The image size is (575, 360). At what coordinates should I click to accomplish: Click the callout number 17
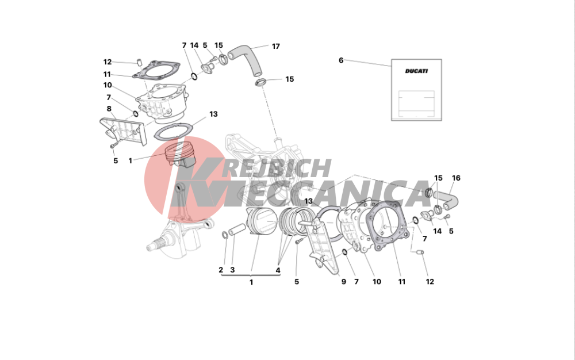click(276, 46)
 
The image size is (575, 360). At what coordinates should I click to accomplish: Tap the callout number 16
click(456, 178)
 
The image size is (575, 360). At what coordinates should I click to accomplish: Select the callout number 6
click(341, 60)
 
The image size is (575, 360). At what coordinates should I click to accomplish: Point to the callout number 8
click(109, 109)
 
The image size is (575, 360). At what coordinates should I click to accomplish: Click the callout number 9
click(344, 282)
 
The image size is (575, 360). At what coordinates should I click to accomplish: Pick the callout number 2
click(221, 270)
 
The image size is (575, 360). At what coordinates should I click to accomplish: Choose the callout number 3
click(232, 270)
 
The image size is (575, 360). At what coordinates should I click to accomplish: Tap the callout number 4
click(278, 270)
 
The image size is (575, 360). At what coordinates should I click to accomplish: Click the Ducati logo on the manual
click(416, 71)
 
